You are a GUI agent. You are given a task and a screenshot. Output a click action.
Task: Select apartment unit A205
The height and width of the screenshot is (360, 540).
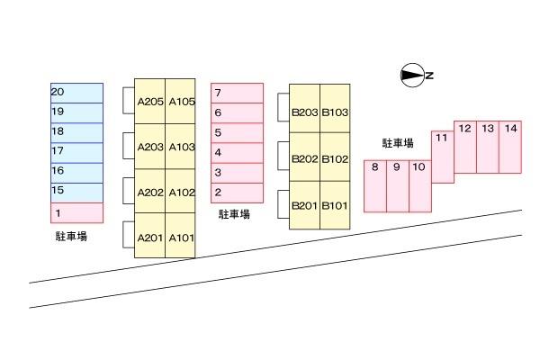pyautogui.click(x=149, y=101)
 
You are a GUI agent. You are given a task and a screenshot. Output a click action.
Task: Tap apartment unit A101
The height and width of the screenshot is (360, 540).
pyautogui.click(x=181, y=237)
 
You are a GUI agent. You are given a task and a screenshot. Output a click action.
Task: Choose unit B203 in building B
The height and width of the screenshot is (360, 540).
pyautogui.click(x=305, y=112)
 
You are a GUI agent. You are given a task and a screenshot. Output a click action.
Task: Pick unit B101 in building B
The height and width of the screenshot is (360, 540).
pyautogui.click(x=336, y=206)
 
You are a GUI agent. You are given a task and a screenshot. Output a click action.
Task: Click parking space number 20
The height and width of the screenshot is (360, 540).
pyautogui.click(x=76, y=93)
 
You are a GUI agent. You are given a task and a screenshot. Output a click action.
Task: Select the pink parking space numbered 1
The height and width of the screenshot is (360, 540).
pyautogui.click(x=76, y=212)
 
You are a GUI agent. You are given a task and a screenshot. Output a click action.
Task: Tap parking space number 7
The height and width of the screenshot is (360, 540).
pyautogui.click(x=238, y=93)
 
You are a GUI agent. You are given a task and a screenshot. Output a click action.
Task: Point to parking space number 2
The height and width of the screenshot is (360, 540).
pyautogui.click(x=238, y=193)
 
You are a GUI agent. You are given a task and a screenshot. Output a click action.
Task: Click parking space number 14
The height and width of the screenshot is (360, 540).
pyautogui.click(x=510, y=147)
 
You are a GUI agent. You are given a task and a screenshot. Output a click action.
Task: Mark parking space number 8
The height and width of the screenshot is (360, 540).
pyautogui.click(x=375, y=185)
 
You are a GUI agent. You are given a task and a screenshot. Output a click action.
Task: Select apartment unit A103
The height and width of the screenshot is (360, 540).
pyautogui.click(x=181, y=147)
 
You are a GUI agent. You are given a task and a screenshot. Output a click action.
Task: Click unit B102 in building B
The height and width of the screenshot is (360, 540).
pyautogui.click(x=336, y=159)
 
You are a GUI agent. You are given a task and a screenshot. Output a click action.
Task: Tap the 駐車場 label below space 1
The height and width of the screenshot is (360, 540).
pyautogui.click(x=71, y=237)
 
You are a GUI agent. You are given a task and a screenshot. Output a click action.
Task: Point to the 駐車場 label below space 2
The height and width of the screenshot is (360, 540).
pyautogui.click(x=235, y=215)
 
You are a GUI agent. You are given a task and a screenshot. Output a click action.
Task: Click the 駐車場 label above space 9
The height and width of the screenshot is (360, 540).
pyautogui.click(x=398, y=143)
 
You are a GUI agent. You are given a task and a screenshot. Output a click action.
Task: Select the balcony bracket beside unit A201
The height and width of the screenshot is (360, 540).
pyautogui.click(x=127, y=234)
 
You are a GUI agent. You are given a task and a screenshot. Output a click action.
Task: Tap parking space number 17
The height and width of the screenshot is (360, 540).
pyautogui.click(x=76, y=152)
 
